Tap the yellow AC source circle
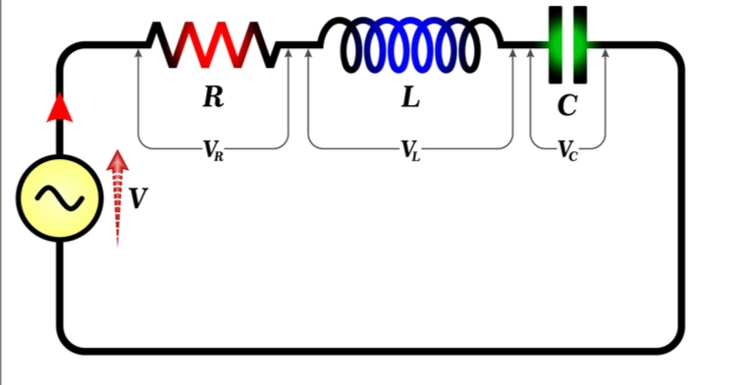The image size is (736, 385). pos(58,198)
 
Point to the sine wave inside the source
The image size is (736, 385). pos(58,198)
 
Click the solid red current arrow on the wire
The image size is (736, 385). pos(60,107)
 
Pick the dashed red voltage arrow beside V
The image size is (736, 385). pos(117,196)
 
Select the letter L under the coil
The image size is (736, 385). pos(410,96)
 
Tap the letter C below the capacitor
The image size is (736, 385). pos(567,105)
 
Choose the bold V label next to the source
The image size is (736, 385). pos(138,198)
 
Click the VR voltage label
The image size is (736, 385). pos(213,150)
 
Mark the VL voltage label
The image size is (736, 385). pos(410,150)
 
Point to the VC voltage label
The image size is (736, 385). pos(567,150)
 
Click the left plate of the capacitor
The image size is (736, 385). pos(554,45)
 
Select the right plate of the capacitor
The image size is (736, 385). pos(580,45)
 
